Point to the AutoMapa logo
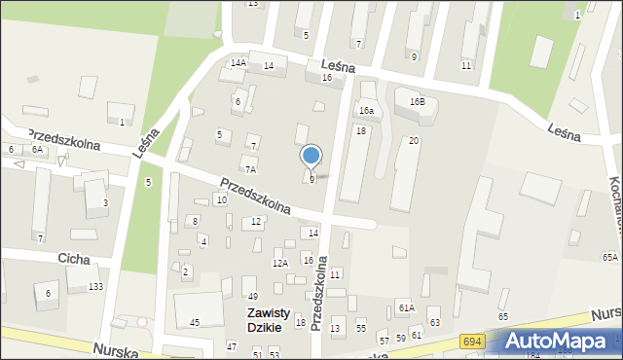(x=559, y=341)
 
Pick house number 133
(x=95, y=286)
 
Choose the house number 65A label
(x=609, y=257)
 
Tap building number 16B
(x=417, y=101)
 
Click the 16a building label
(x=365, y=112)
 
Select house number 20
(x=414, y=141)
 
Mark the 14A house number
(x=238, y=62)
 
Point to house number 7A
(x=250, y=169)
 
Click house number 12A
(x=280, y=263)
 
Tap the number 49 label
(x=251, y=296)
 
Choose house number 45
(x=195, y=322)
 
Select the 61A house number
(x=406, y=307)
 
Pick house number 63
(x=434, y=322)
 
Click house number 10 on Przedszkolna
(x=222, y=199)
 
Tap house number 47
(x=232, y=346)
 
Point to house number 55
(x=361, y=329)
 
